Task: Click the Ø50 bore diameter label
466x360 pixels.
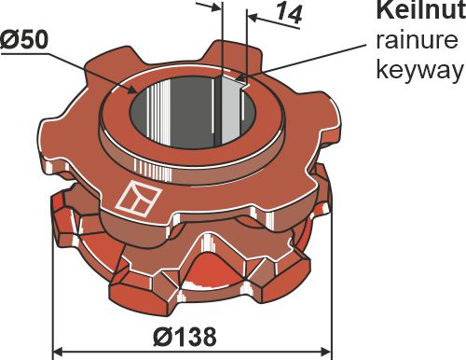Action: click(x=26, y=43)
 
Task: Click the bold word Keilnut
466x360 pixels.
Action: click(x=417, y=11)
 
